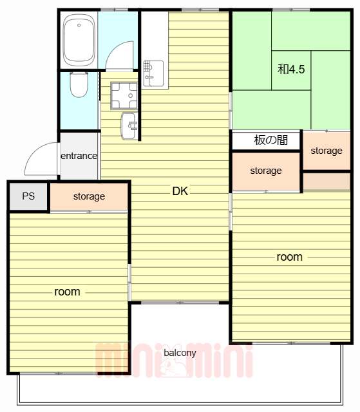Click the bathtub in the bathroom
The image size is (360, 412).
point(79,40)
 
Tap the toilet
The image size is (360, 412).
point(79,84)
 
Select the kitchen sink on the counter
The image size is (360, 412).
point(153,73)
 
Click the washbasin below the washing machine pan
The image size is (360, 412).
point(129,126)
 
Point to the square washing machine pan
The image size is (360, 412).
point(124,96)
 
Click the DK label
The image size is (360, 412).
point(180,191)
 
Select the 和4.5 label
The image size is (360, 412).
point(291,70)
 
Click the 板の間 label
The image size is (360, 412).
point(270,140)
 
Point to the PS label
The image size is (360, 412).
point(28,196)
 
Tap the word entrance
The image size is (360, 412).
point(79,156)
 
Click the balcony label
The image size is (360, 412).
point(180,353)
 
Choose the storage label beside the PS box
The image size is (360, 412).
point(89,196)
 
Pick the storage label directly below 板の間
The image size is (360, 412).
point(266,171)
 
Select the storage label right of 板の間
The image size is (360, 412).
point(327,151)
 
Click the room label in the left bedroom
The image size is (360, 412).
point(67,292)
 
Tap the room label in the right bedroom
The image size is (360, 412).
point(290,257)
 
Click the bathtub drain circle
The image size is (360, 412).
point(79,25)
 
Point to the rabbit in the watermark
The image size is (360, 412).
point(172,361)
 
